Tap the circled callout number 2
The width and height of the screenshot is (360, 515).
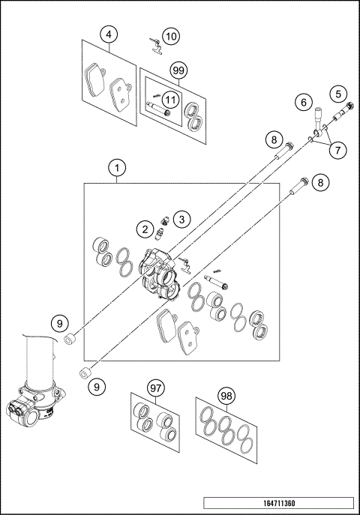pyautogui.click(x=142, y=228)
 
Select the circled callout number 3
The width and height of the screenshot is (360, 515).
pyautogui.click(x=180, y=220)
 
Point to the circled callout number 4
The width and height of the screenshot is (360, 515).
pyautogui.click(x=109, y=34)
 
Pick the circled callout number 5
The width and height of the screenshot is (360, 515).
pyautogui.click(x=339, y=94)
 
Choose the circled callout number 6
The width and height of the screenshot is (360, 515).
pyautogui.click(x=304, y=101)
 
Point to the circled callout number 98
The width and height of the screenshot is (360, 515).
pyautogui.click(x=225, y=395)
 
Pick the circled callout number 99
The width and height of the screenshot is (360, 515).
pyautogui.click(x=178, y=70)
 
